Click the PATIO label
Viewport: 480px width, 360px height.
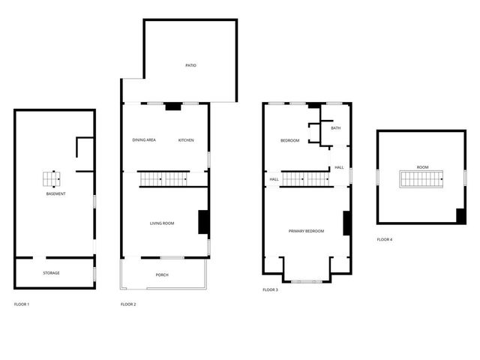[190, 66]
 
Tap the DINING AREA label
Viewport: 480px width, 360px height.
[144, 140]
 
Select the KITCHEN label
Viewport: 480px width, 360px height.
[186, 140]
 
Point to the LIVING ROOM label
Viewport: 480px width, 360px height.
[162, 223]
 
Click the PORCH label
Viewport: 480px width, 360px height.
[162, 275]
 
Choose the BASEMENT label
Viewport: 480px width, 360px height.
[55, 194]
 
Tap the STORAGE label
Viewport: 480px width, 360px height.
[51, 273]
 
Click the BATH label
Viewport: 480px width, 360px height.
[335, 128]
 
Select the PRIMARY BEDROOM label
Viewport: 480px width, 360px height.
[306, 231]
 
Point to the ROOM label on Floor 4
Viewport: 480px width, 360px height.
[423, 166]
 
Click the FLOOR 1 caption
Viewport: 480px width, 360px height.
[22, 304]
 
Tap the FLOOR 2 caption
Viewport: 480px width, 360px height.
[128, 304]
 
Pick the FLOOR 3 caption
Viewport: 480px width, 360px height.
[270, 289]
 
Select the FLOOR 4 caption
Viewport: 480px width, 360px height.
[385, 239]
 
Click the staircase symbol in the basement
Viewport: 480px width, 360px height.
[52, 178]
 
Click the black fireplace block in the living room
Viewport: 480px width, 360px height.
[202, 223]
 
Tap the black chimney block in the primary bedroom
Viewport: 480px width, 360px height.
[347, 225]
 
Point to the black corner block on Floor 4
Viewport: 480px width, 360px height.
[460, 215]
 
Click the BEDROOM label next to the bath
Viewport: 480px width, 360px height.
[290, 141]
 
